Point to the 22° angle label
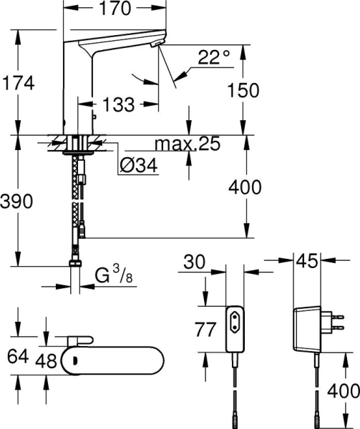[x=216, y=57]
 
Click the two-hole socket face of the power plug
[x=236, y=319]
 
